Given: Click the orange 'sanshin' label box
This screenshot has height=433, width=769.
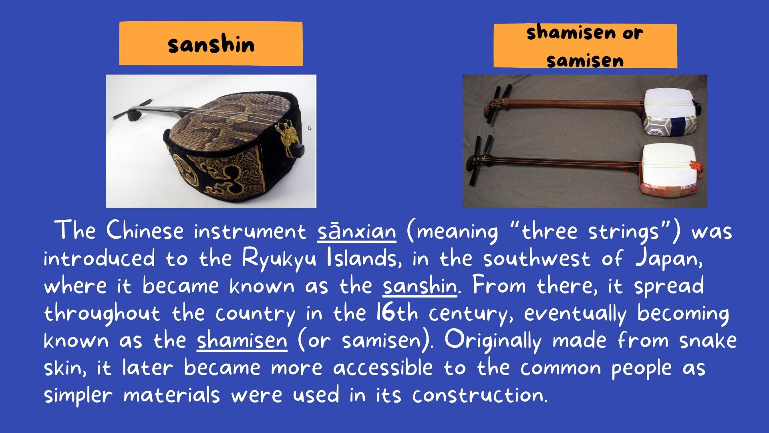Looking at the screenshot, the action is pyautogui.click(x=211, y=44).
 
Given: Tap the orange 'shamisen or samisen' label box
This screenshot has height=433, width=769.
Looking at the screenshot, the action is pyautogui.click(x=585, y=46).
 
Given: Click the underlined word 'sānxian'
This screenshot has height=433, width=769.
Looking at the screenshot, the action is pyautogui.click(x=357, y=231).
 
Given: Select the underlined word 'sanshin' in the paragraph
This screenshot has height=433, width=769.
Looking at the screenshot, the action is pyautogui.click(x=420, y=285).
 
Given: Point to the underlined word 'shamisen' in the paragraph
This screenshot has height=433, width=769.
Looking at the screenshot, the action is pyautogui.click(x=242, y=340).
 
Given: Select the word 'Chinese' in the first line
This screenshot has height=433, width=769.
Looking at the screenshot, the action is pyautogui.click(x=145, y=231).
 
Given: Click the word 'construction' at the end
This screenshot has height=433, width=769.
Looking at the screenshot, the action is pyautogui.click(x=479, y=395).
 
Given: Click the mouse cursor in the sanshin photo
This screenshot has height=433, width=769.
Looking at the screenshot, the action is pyautogui.click(x=310, y=128).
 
